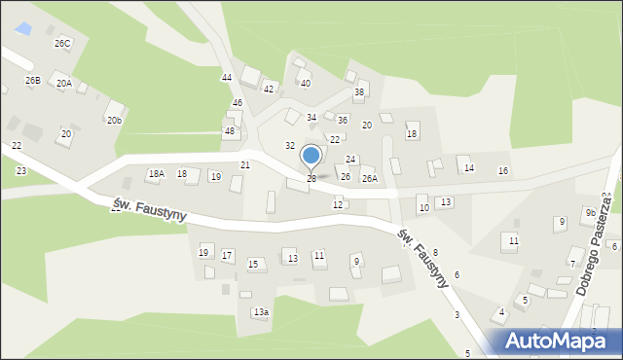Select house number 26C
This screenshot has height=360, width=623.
tap(62, 44)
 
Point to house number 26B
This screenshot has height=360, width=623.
tap(33, 80)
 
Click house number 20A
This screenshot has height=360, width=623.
tap(64, 84)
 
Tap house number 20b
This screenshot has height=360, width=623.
tap(114, 120)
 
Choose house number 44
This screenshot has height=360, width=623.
tap(227, 77)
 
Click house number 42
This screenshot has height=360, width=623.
tap(269, 89)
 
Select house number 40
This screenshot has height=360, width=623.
tap(305, 84)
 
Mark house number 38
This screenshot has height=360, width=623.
tap(358, 92)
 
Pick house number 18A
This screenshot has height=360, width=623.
tap(156, 174)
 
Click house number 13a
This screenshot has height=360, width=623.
tap(261, 312)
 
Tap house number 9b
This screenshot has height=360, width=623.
tap(590, 213)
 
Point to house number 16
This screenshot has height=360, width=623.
tap(502, 171)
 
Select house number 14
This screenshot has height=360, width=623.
tap(469, 168)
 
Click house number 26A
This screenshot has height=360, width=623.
tap(370, 179)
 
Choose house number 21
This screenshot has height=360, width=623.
tap(245, 165)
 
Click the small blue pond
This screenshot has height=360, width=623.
tap(24, 29)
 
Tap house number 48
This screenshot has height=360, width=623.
tap(230, 131)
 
